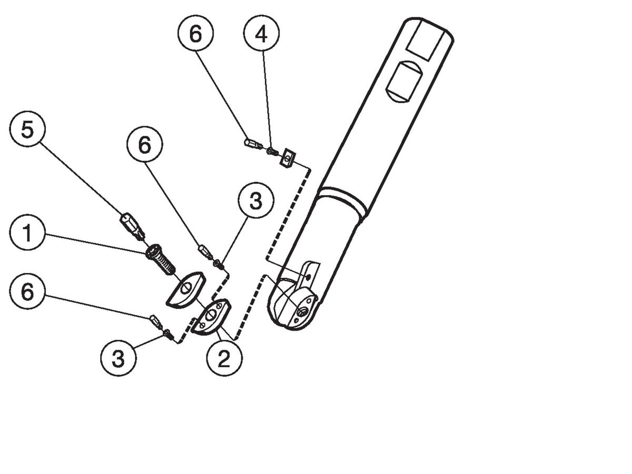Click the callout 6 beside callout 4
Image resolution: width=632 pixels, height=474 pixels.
195,35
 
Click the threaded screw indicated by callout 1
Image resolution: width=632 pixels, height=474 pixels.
160,260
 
